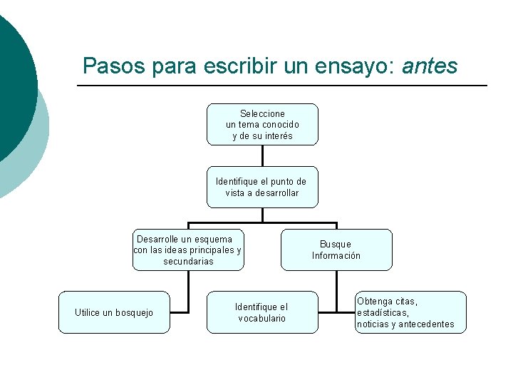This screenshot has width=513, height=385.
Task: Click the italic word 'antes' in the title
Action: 430,66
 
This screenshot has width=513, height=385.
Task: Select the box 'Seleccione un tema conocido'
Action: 262,125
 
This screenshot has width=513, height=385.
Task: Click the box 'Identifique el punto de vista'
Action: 262,187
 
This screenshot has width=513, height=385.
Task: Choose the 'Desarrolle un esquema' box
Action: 188,250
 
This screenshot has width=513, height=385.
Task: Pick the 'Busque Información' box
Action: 336,250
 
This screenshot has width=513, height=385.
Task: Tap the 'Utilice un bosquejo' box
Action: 114,312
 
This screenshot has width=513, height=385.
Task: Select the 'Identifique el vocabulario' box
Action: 262,312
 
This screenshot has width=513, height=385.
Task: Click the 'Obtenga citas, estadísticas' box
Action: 410,312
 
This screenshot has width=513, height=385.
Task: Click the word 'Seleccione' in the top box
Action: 262,114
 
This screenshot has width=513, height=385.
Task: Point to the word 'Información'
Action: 336,256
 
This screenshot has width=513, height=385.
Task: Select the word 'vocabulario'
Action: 262,319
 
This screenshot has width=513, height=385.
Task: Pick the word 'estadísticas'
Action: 383,313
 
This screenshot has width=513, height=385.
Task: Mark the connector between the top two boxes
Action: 262,155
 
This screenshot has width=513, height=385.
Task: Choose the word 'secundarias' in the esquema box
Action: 188,262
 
